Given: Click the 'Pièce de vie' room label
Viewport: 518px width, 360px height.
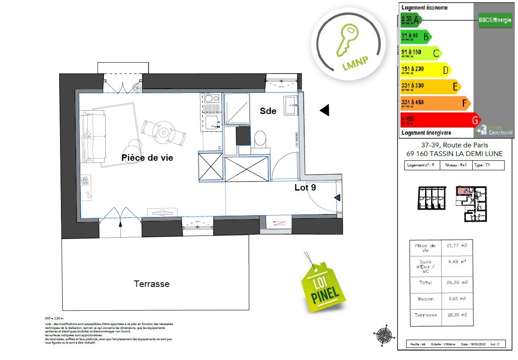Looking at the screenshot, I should [x=147, y=158].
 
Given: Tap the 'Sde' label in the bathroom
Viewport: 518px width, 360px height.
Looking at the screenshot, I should [x=268, y=111].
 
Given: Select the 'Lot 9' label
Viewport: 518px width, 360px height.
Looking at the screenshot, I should [x=305, y=188].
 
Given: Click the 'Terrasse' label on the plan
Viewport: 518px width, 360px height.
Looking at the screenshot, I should [x=152, y=284].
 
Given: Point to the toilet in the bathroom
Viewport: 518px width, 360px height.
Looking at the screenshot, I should [x=260, y=139].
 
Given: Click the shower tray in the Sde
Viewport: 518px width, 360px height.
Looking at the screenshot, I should [x=237, y=108].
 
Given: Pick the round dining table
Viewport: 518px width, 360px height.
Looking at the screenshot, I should [x=164, y=131].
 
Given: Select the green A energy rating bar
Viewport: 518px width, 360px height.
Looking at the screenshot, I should [x=410, y=19].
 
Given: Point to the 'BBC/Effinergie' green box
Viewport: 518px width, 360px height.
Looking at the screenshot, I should [x=495, y=20].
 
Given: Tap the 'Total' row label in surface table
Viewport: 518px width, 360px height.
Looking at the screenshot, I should [x=425, y=282].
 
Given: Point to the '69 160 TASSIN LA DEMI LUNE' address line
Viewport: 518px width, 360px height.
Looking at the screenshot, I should [x=454, y=154].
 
